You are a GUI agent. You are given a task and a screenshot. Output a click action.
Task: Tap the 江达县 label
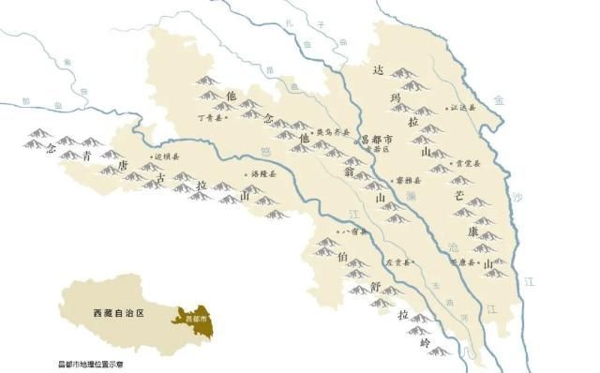[463, 109]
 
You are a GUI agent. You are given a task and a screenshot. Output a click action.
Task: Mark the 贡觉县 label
[466, 163]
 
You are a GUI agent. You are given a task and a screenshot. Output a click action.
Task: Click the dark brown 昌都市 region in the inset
[196, 320]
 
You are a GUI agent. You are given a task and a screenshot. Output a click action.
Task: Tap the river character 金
[499, 97]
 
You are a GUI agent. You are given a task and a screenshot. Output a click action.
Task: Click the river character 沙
[516, 198]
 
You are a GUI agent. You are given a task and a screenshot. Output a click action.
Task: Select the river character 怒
[265, 149]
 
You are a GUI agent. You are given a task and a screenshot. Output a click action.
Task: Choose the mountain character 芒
[459, 198]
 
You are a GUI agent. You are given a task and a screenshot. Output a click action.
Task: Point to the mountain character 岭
[424, 344]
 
